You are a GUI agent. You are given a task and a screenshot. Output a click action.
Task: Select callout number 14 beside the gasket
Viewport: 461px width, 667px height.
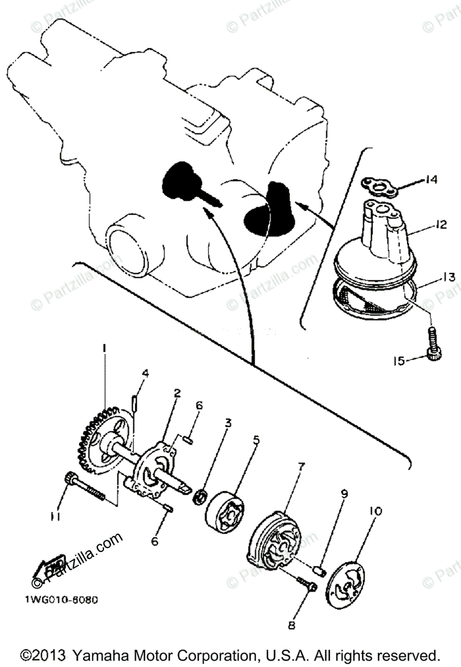[x=432, y=180]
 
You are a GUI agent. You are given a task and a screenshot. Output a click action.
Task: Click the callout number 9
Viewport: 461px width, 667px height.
[x=345, y=492]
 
